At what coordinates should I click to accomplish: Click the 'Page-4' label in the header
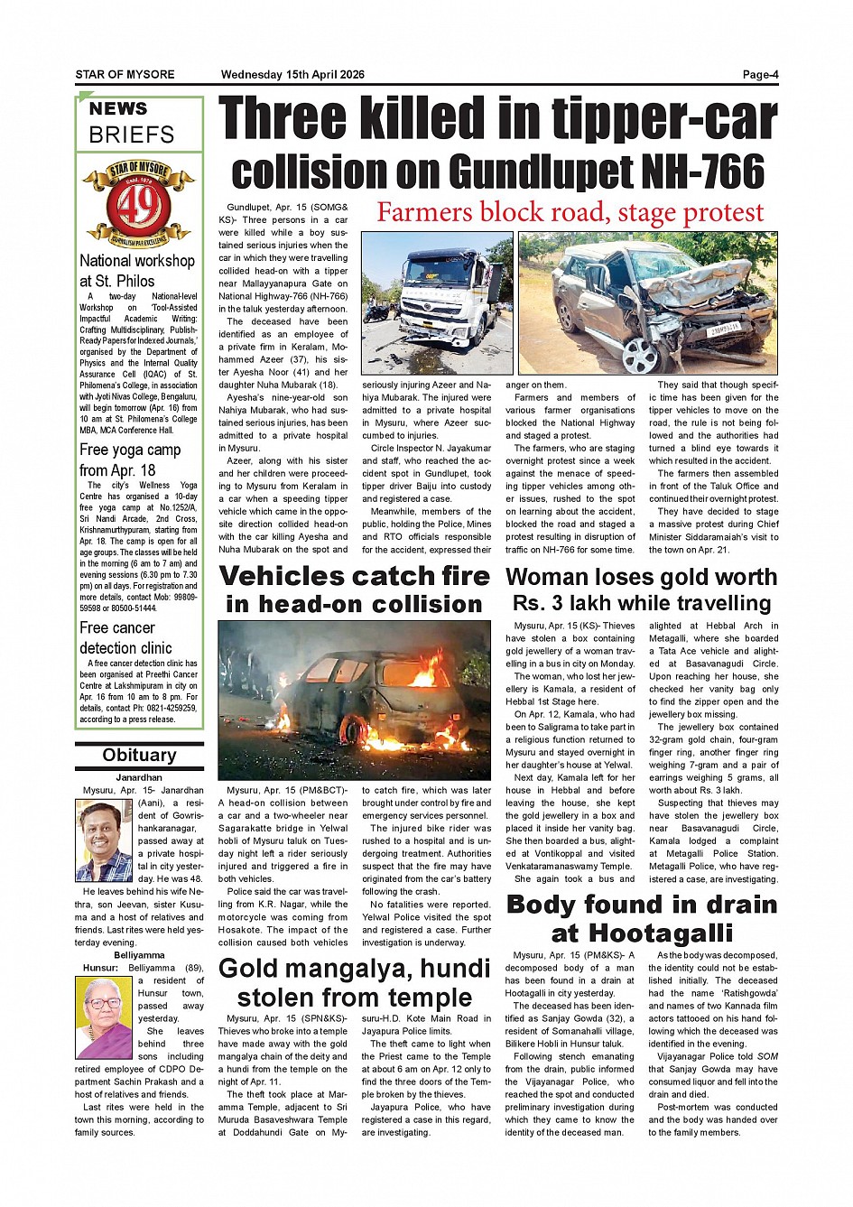coord(759,75)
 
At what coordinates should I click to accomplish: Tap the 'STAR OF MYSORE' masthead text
coord(125,75)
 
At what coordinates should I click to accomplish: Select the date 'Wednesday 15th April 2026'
coord(292,75)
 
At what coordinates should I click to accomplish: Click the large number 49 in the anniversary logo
coord(139,206)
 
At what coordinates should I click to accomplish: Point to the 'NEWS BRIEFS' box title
coord(132,122)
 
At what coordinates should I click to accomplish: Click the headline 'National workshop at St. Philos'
coord(136,271)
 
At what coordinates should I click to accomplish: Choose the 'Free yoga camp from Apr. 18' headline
coord(130,460)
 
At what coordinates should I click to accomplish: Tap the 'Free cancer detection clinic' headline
coord(117,637)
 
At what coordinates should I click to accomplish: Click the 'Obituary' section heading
coord(139,756)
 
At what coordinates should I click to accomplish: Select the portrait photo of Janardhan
coord(105,840)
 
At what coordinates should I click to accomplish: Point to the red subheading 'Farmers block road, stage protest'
coord(570,213)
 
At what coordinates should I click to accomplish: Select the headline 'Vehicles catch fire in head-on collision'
coord(354,590)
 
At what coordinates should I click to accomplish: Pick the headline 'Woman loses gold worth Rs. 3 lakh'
coord(641,590)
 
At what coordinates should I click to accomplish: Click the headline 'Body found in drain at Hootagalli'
coord(641,918)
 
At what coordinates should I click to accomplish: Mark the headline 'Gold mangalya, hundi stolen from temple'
coord(354,983)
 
